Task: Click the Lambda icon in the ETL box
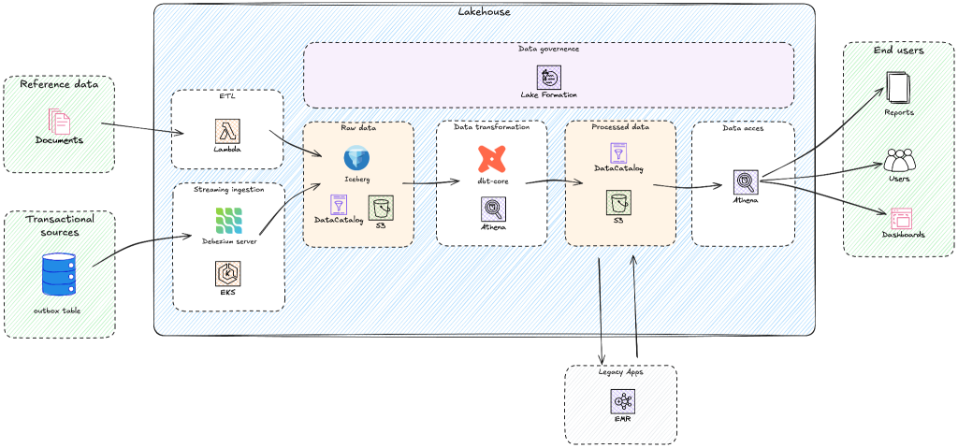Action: click(x=227, y=131)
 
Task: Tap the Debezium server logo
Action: click(x=228, y=221)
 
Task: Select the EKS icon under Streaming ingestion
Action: click(x=228, y=273)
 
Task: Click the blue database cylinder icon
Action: click(x=59, y=274)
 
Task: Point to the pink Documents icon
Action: click(x=59, y=122)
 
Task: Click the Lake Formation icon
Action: click(x=549, y=78)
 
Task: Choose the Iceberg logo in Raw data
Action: click(x=357, y=158)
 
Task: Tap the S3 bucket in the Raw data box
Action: click(x=381, y=208)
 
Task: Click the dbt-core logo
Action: click(x=491, y=158)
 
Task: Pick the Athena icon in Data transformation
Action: click(x=493, y=209)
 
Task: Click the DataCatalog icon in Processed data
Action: click(x=618, y=153)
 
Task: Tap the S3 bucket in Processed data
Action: click(x=618, y=201)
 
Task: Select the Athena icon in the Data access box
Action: click(x=746, y=181)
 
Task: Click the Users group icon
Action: click(x=899, y=160)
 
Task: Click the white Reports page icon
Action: click(x=898, y=89)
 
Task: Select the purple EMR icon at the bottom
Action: click(x=622, y=401)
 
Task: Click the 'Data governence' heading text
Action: click(x=549, y=49)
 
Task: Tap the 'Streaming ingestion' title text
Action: click(x=228, y=190)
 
